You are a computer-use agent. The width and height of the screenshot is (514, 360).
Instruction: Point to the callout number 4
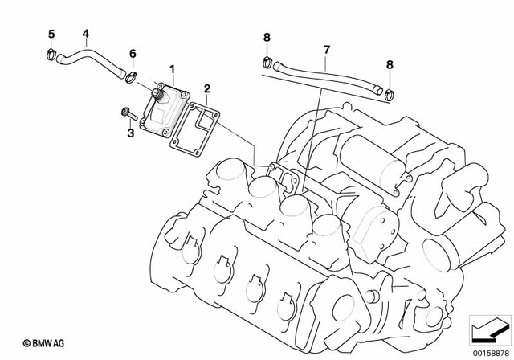coord(86,34)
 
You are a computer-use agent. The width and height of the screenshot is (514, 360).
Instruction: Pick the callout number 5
coord(51,34)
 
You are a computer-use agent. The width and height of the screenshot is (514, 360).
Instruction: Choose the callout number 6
coord(133,54)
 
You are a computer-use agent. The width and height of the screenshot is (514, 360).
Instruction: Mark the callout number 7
coord(327,49)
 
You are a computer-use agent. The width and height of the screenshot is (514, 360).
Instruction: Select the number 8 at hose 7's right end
coord(390,63)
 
